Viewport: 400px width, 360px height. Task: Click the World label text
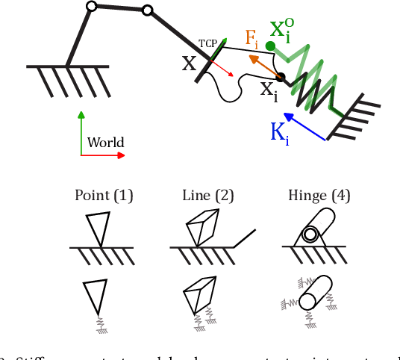tap(105, 143)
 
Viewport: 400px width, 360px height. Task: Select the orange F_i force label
tap(254, 38)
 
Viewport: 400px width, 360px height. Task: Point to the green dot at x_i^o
tap(270, 46)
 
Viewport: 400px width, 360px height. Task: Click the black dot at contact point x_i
tap(281, 76)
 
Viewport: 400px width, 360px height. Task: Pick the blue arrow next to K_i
tap(305, 127)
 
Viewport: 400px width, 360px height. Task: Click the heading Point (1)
tap(104, 196)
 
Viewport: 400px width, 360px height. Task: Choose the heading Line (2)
tap(208, 196)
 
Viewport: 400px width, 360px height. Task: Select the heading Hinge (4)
tap(319, 196)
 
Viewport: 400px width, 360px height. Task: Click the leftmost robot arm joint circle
tap(91, 7)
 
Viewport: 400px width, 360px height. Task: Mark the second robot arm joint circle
tap(147, 10)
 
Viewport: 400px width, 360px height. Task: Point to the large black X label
tap(190, 63)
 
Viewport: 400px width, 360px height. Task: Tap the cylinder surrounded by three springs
tap(316, 293)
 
